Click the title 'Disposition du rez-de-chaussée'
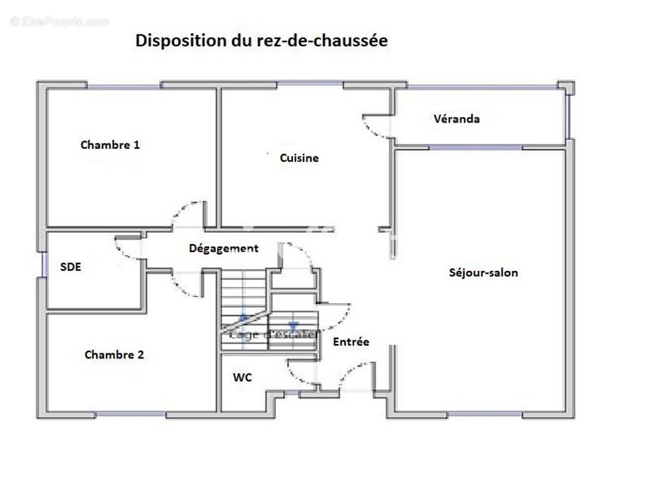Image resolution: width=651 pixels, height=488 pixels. tap(262, 41)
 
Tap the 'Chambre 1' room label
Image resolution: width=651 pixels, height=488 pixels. tap(110, 145)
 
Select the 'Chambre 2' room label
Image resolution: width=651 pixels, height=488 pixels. tap(115, 355)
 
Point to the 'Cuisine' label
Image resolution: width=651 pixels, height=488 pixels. tap(299, 158)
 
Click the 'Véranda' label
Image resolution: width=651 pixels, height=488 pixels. tap(457, 119)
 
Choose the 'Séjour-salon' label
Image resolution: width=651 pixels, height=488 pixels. tap(484, 273)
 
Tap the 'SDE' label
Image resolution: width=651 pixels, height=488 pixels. tap(71, 267)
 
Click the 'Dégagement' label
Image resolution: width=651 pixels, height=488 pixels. tap(223, 248)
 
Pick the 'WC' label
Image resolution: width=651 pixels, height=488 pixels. tap(243, 378)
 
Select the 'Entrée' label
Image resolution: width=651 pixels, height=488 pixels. tap(351, 342)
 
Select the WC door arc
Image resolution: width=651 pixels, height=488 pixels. tap(300, 373)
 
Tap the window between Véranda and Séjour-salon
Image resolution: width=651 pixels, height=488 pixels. tap(475, 148)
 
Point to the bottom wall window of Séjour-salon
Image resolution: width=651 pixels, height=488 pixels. tap(484, 414)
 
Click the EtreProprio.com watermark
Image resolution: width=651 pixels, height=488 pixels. tap(60, 22)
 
